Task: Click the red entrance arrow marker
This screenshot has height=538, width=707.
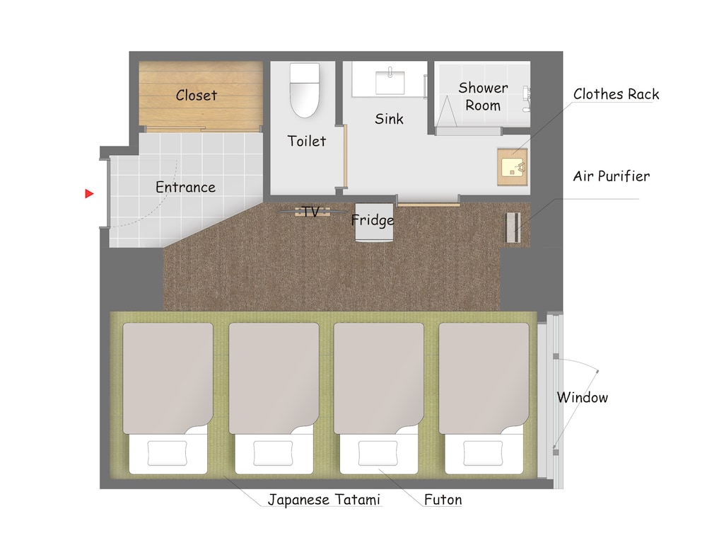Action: coord(89,193)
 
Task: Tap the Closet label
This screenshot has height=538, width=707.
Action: coord(197,95)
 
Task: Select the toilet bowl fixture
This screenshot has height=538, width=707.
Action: coord(305,90)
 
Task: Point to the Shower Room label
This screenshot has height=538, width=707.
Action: coord(483,97)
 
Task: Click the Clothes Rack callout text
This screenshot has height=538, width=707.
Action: coord(616,94)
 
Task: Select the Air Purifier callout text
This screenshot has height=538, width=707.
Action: coord(611,176)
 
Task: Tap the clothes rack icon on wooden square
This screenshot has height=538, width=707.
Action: coord(513,168)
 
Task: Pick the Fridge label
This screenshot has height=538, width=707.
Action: coord(373,221)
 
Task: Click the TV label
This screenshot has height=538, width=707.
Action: coord(310,211)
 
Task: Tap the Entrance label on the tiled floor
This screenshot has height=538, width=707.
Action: coord(185,188)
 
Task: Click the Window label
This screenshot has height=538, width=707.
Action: coord(582,397)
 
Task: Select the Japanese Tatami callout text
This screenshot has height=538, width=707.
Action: coord(325,500)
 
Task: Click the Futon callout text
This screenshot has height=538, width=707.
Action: coord(443,500)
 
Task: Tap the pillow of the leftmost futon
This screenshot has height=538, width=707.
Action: coord(168,452)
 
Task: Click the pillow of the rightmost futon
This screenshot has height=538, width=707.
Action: coord(484,452)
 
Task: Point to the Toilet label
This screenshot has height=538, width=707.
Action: coord(307,141)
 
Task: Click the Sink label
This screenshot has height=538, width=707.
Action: coord(389,119)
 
